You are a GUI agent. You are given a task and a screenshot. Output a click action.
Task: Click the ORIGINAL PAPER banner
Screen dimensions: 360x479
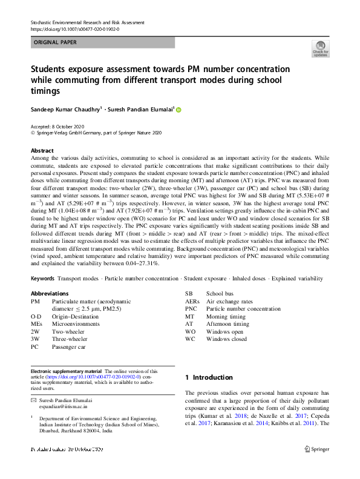tap(102, 42)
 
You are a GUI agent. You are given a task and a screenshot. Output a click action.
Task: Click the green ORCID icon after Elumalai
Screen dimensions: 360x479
tap(178, 110)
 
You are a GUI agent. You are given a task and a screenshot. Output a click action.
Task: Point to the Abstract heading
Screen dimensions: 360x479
tap(42, 150)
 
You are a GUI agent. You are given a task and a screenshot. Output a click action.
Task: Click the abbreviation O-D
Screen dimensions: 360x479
tap(36, 316)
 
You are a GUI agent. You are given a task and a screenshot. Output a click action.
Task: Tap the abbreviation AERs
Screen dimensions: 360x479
tap(192, 301)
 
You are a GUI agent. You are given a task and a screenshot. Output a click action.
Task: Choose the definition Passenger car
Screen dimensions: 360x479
tap(69, 348)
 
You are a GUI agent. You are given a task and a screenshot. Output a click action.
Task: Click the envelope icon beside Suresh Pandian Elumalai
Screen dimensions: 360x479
tap(33, 401)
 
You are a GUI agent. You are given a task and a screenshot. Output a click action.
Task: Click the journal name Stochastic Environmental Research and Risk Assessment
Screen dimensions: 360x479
tap(87, 22)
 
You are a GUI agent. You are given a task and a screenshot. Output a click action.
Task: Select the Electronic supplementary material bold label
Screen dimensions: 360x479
tap(67, 371)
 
